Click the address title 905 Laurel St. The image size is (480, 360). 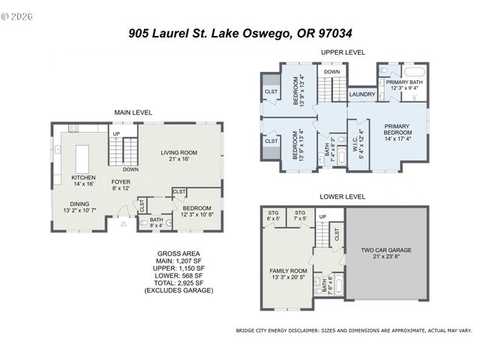pos(240,33)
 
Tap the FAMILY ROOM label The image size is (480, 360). pos(289,273)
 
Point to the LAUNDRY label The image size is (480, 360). pos(362,94)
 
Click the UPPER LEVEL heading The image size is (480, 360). pos(343,52)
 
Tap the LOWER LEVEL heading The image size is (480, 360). pos(342,196)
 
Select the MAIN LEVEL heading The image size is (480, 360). pos(133,112)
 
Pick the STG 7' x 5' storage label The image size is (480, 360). pos(300,216)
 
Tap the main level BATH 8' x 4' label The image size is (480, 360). pos(156,222)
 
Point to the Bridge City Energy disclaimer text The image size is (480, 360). pos(353,329)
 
